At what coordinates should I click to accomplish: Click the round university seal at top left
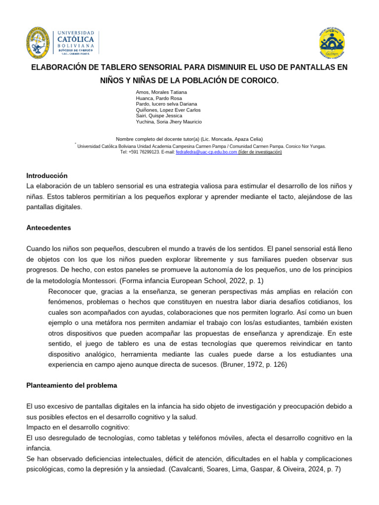tap(38, 42)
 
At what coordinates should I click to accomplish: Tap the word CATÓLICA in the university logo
tap(76, 38)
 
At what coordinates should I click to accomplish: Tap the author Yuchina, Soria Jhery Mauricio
tap(168, 122)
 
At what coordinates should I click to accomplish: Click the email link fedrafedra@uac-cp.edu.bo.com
tap(206, 152)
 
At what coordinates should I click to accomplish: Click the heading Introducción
tap(46, 176)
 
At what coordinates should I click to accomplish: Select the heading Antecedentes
tap(48, 228)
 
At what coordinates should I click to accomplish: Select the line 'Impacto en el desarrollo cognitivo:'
tap(78, 427)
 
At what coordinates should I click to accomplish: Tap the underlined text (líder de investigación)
tap(260, 152)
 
